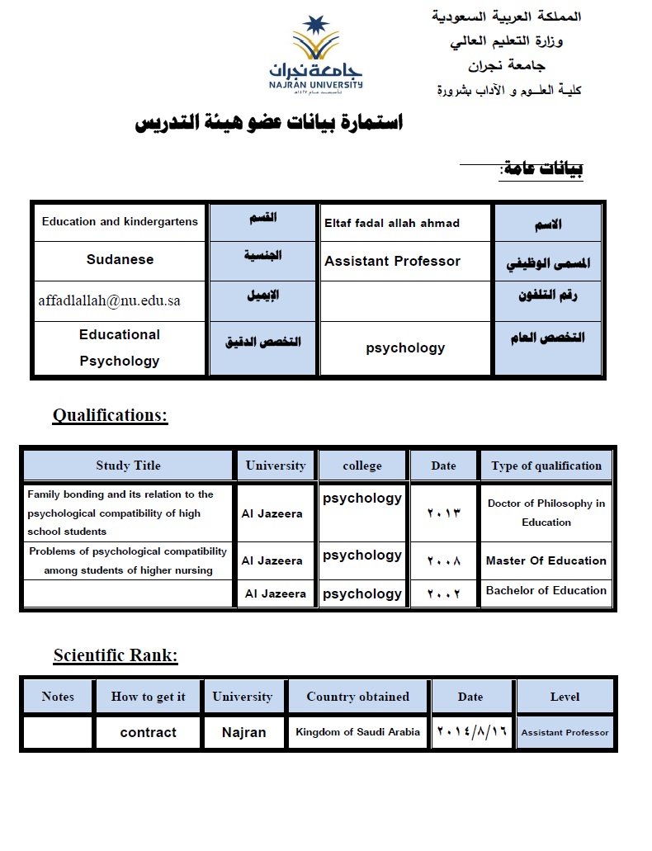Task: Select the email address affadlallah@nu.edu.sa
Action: tap(109, 300)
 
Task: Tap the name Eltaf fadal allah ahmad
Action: tap(392, 223)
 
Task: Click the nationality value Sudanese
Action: tap(120, 259)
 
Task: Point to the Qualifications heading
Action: tap(110, 415)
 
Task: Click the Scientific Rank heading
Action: tap(116, 655)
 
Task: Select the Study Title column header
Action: tap(128, 466)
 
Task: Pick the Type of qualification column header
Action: tap(546, 466)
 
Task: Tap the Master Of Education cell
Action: tap(546, 560)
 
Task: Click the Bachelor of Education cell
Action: tap(546, 590)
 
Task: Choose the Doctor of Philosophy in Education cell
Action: tap(546, 513)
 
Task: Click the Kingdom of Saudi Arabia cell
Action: tap(357, 732)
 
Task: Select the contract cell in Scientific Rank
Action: tap(148, 732)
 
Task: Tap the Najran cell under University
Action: tap(243, 732)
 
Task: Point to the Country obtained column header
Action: tap(357, 697)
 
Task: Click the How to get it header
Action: tap(148, 697)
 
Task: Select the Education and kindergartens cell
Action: tap(120, 221)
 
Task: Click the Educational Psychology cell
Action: tap(120, 347)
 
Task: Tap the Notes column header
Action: tap(58, 697)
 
